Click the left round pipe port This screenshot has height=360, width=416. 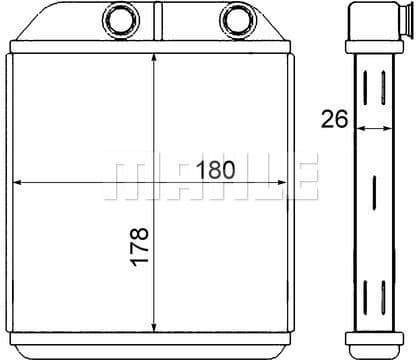tap(121, 19)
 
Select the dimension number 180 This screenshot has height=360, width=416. tap(216, 170)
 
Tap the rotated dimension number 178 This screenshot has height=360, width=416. tap(139, 246)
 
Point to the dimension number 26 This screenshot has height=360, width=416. tap(334, 119)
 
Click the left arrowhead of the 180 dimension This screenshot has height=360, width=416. tap(17, 182)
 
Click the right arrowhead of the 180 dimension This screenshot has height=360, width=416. tap(282, 182)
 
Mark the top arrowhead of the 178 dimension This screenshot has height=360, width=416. tap(154, 58)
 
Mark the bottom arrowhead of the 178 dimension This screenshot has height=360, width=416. tap(154, 327)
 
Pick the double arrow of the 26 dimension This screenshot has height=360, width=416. tap(374, 128)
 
